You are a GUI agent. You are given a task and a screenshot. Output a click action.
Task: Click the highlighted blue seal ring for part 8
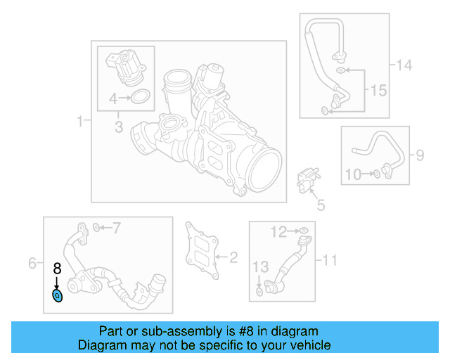58,296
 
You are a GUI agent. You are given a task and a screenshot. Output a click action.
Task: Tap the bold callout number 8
57,268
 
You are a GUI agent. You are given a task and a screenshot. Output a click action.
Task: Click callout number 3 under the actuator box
119,127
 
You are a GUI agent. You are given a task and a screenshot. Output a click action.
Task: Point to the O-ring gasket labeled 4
141,98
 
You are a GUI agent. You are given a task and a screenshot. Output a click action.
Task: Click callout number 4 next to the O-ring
113,98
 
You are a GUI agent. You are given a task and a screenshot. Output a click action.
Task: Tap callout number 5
321,205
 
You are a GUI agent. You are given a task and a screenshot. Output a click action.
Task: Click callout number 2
233,257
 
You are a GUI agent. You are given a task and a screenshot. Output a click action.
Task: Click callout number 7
117,227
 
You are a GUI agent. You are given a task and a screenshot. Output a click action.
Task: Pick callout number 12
280,231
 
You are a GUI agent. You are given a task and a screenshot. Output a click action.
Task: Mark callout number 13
260,266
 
